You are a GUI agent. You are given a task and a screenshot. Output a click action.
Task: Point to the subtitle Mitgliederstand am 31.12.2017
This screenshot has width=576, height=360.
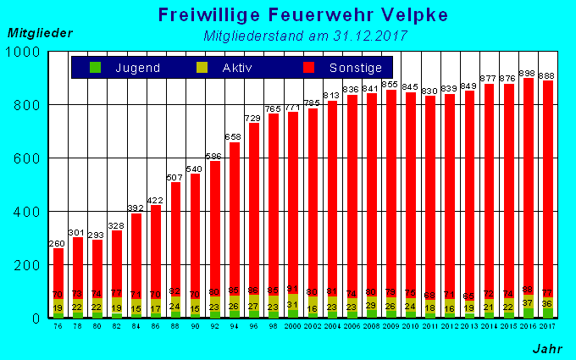[x=306, y=36]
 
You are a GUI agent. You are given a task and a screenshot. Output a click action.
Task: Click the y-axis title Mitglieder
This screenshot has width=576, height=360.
[x=40, y=33]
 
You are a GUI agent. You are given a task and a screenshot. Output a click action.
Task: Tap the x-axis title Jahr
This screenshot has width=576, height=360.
[x=547, y=348]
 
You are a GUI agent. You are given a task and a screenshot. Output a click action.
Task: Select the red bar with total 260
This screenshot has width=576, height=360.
[x=58, y=271]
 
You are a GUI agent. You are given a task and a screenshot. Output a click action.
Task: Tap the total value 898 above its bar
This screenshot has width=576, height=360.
[x=528, y=73]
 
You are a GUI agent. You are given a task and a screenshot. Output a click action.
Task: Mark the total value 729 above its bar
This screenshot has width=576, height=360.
[x=253, y=118]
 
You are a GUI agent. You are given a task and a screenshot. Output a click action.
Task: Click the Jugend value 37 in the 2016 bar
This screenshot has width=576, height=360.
[x=528, y=302]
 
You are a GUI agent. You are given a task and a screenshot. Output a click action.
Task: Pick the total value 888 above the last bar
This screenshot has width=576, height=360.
[x=548, y=75]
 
